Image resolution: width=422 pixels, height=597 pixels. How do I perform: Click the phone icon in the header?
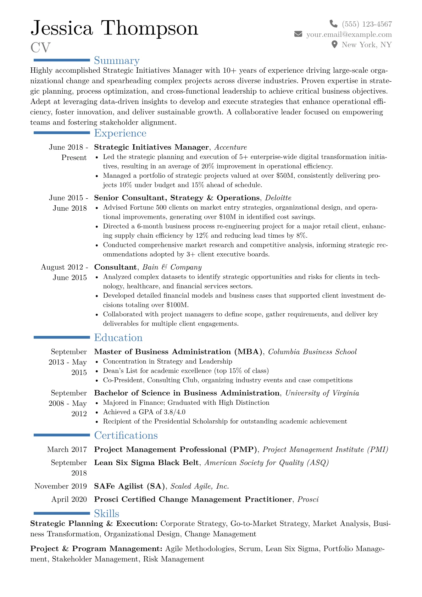click(333, 24)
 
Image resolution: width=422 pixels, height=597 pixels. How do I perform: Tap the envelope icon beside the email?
click(298, 34)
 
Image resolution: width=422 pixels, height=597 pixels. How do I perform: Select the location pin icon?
click(334, 44)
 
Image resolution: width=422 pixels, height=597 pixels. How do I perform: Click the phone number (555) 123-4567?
click(367, 24)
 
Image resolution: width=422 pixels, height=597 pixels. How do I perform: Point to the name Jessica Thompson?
click(114, 28)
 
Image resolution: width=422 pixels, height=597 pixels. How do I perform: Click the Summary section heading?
click(117, 61)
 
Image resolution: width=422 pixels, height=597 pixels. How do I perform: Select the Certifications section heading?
click(126, 435)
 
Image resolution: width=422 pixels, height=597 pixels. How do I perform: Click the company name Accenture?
click(231, 147)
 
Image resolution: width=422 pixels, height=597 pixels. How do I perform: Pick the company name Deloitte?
click(278, 198)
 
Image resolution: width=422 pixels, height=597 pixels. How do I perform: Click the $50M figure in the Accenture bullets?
click(285, 176)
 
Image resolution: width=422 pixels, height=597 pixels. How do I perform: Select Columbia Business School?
click(312, 352)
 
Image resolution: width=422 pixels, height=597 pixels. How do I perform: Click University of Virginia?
click(322, 393)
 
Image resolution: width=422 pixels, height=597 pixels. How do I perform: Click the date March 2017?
click(67, 449)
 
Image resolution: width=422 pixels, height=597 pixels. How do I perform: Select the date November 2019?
click(61, 486)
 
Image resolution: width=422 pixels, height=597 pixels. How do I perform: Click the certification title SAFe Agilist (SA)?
click(129, 486)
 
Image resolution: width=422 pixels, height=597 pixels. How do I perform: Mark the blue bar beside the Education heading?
click(62, 337)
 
